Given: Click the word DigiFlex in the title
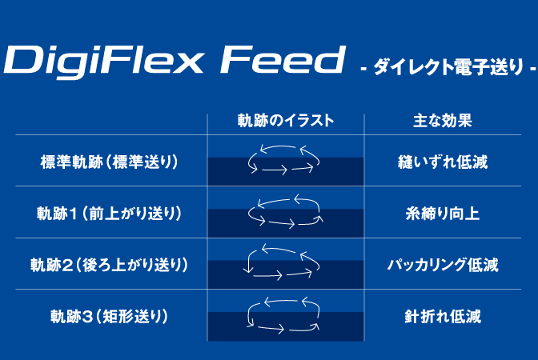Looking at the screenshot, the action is (103, 62).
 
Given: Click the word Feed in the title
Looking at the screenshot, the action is (282, 59).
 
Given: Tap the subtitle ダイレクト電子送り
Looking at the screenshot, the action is (448, 67).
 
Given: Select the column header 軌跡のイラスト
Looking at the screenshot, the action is (286, 121).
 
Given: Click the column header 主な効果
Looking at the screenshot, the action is (443, 121).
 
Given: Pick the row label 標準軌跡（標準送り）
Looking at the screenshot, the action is (109, 162).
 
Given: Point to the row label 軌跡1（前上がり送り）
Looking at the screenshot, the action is (109, 214).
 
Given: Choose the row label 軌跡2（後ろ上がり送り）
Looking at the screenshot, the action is (109, 265).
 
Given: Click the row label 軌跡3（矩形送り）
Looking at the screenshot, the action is (109, 316).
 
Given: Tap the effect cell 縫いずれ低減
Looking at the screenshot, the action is (443, 162).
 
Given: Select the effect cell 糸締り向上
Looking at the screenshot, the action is (443, 214).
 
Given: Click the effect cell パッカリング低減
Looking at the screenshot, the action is (443, 265).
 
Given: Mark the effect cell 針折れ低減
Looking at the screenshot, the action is (443, 316).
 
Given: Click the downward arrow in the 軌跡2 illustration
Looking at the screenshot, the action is (249, 262).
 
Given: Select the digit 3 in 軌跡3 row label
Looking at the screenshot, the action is (87, 317).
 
